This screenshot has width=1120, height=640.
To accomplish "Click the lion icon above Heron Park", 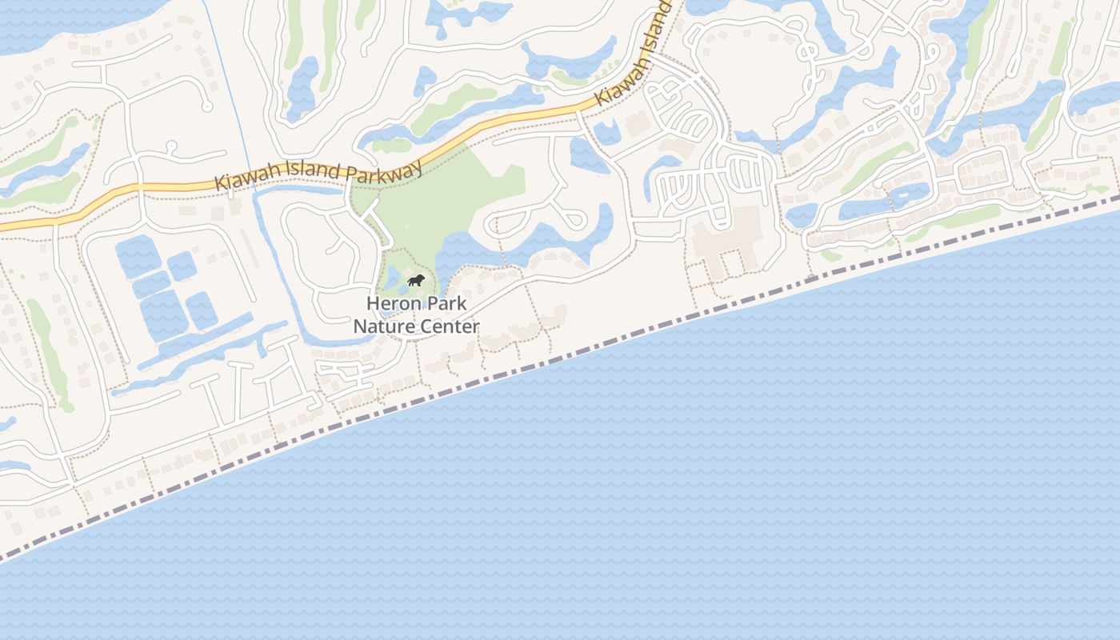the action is click(415, 280).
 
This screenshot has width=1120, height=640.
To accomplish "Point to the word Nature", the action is click(382, 326).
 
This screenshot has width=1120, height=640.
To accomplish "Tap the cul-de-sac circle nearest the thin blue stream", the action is click(206, 106).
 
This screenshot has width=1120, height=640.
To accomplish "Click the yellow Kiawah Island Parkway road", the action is click(480, 128).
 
